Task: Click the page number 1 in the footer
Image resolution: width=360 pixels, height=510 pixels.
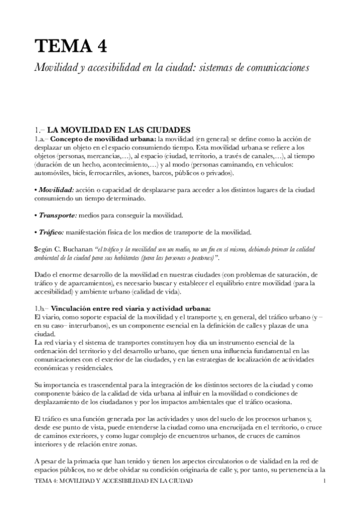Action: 325,482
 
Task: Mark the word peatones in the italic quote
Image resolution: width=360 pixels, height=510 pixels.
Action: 198,257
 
